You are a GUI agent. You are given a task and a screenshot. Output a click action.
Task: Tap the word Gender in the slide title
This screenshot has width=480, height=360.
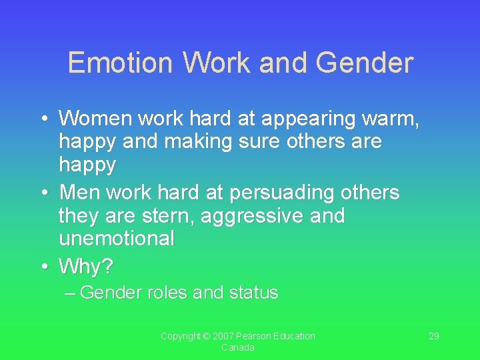click(x=365, y=63)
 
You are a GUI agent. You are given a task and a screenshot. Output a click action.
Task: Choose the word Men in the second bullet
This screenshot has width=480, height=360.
click(x=79, y=193)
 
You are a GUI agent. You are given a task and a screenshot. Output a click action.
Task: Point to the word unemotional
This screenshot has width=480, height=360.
click(x=116, y=238)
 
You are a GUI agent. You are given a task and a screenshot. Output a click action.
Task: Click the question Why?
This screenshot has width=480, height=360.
click(x=86, y=267)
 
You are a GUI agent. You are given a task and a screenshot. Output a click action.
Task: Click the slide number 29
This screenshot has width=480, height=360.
click(x=433, y=336)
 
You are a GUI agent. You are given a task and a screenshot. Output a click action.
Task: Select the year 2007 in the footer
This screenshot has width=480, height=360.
click(x=224, y=336)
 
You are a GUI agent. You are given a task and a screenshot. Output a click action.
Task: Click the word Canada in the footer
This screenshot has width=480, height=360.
click(x=237, y=347)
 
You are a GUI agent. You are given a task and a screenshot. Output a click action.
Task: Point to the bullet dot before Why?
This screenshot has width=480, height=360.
click(x=44, y=267)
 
